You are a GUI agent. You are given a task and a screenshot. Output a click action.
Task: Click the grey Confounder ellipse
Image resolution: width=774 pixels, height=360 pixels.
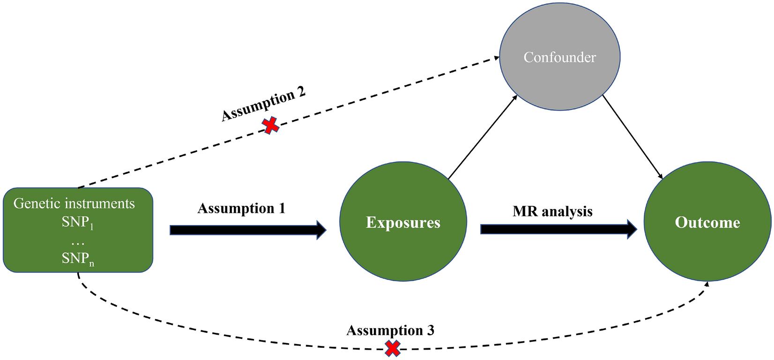pos(559,57)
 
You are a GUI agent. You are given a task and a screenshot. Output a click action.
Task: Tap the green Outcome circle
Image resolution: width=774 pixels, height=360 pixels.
pos(707,222)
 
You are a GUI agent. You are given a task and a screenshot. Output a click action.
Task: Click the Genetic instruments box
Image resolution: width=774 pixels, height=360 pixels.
pos(78,230)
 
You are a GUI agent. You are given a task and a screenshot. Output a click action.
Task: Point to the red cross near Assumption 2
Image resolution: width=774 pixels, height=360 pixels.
pos(270,126)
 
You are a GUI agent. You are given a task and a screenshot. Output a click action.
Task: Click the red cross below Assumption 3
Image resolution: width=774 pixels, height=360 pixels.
pos(393,348)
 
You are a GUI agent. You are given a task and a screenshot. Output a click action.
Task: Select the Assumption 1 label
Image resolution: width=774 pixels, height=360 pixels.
pos(241,208)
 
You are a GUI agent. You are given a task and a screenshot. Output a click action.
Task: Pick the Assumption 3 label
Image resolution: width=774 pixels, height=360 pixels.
pos(390,330)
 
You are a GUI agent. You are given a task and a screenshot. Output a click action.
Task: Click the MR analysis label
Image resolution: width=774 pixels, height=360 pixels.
pos(552,211)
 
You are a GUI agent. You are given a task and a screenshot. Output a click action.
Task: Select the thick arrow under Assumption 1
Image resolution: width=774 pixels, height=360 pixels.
pos(248,230)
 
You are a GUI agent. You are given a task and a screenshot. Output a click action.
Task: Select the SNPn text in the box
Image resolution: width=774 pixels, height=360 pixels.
pos(78,259)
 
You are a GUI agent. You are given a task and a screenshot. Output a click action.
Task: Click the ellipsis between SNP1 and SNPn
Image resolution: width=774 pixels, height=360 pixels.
pos(78,242)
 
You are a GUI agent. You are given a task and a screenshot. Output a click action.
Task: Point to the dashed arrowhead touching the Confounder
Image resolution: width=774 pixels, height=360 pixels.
pos(497,58)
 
